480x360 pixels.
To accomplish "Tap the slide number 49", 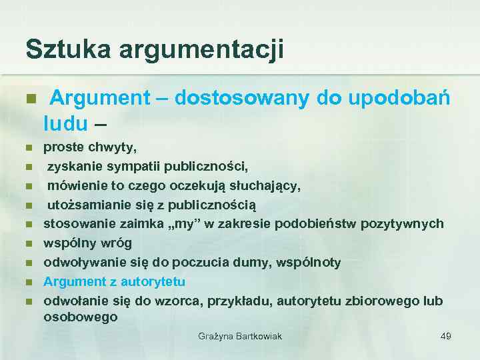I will pyautogui.click(x=446, y=336).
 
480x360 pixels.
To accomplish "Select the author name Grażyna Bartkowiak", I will pyautogui.click(x=240, y=336).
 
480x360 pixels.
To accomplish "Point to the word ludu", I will pyautogui.click(x=65, y=123).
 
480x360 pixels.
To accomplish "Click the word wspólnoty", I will pyautogui.click(x=314, y=262).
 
